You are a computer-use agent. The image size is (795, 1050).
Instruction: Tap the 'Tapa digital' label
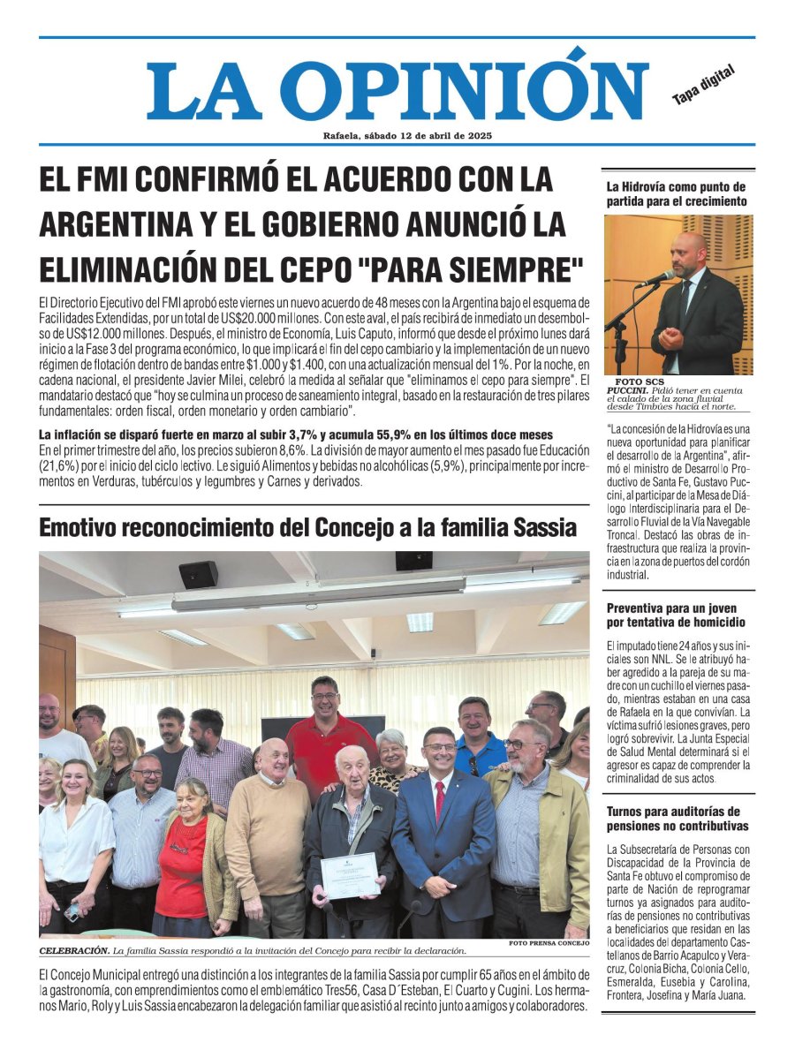[x=703, y=87]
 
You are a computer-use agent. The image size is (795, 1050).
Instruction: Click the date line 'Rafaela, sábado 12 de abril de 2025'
[x=407, y=136]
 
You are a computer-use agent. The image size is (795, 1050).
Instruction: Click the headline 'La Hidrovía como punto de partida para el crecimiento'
[x=676, y=194]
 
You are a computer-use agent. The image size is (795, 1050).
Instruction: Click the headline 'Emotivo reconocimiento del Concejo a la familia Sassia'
[x=307, y=528]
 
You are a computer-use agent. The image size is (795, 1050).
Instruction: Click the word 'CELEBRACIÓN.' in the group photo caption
[x=74, y=951]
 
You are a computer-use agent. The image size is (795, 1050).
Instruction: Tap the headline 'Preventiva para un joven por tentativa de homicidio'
[x=671, y=616]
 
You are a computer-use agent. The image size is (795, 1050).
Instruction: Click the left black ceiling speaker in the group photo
[x=198, y=574]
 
